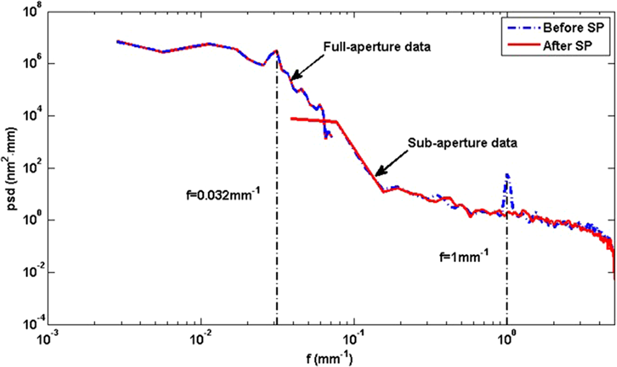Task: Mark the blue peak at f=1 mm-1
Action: point(507,175)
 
